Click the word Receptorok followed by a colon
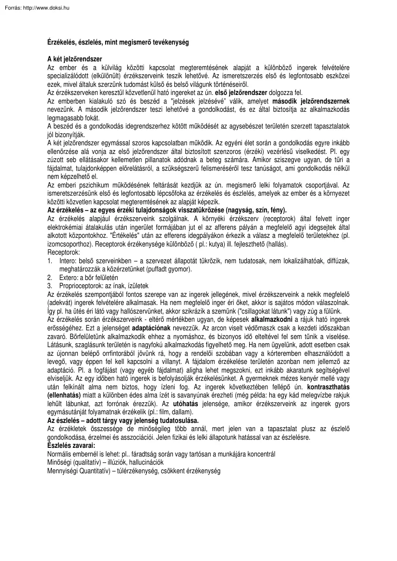point(64,252)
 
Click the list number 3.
point(49,286)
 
